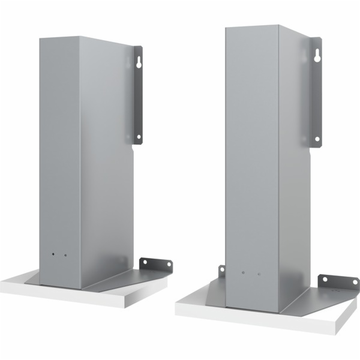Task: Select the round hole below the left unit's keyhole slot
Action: pos(139,137)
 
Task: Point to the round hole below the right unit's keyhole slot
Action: pos(317,139)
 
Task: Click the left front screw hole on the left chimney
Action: pos(53,255)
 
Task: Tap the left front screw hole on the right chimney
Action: pos(243,273)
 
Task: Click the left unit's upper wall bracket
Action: pos(137,96)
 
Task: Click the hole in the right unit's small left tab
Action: pos(222,269)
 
